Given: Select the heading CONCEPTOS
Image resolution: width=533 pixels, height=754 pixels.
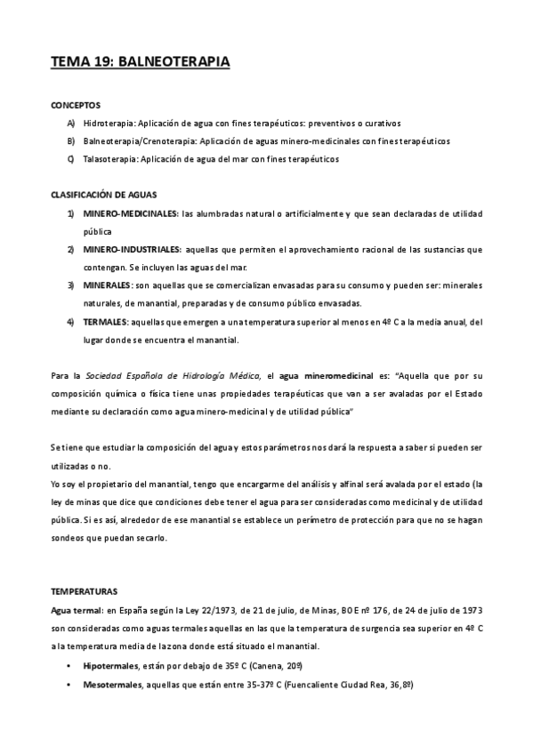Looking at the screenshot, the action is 76,105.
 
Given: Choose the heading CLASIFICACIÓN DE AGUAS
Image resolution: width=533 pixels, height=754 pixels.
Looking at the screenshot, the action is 105,195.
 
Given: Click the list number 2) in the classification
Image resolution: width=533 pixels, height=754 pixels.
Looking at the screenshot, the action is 70,249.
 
